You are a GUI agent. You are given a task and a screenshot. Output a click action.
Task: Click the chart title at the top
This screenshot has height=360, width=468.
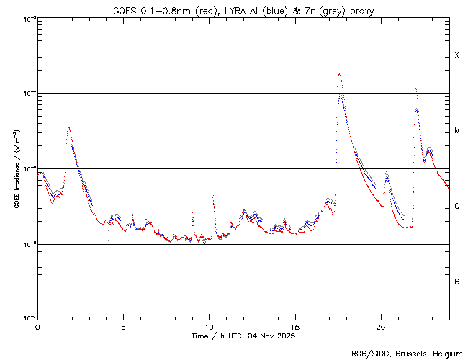243,11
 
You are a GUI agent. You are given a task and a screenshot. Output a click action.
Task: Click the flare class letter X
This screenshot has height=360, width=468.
456,55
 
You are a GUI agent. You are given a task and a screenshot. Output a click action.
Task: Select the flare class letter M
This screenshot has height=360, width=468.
456,131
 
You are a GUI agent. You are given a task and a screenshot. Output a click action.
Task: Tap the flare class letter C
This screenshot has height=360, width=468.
456,207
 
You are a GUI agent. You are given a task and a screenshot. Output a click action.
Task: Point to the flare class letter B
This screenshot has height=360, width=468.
456,282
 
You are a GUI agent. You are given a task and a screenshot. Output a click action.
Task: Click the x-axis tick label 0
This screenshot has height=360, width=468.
37,326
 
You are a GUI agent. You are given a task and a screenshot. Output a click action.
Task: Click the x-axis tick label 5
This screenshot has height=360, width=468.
123,326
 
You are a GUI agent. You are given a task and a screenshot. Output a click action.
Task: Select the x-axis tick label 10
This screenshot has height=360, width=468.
209,326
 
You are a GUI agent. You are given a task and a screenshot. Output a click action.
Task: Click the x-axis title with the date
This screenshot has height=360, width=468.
243,336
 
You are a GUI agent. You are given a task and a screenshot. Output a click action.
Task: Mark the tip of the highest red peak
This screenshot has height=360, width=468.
339,73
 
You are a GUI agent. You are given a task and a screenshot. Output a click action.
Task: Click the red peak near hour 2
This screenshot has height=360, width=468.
68,127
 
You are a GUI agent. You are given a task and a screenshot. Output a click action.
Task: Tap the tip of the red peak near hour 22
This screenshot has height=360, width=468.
415,89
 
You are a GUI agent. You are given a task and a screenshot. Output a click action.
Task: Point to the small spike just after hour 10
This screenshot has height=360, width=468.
213,194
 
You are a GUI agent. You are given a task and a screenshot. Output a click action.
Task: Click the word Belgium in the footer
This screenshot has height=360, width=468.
446,353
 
